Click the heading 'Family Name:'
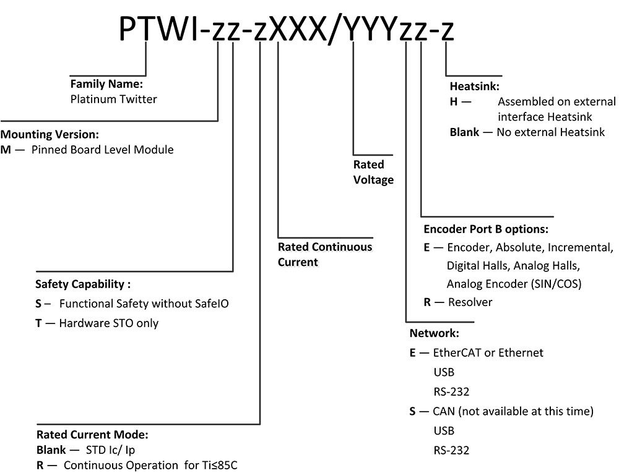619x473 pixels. pos(106,83)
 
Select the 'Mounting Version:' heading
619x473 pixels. pos(50,134)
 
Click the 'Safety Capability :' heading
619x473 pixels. pos(84,285)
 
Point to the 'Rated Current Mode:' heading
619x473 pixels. pos(92,435)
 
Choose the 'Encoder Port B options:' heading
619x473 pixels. pos(486,229)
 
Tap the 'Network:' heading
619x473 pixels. pos(434,334)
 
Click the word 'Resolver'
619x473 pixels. pos(469,302)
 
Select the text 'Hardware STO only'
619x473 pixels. pos(108,323)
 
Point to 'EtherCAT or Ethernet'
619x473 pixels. pos(488,352)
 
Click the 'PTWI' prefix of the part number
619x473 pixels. pos(158,28)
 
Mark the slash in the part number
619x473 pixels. pos(334,28)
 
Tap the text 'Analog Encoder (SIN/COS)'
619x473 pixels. pos(514,284)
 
